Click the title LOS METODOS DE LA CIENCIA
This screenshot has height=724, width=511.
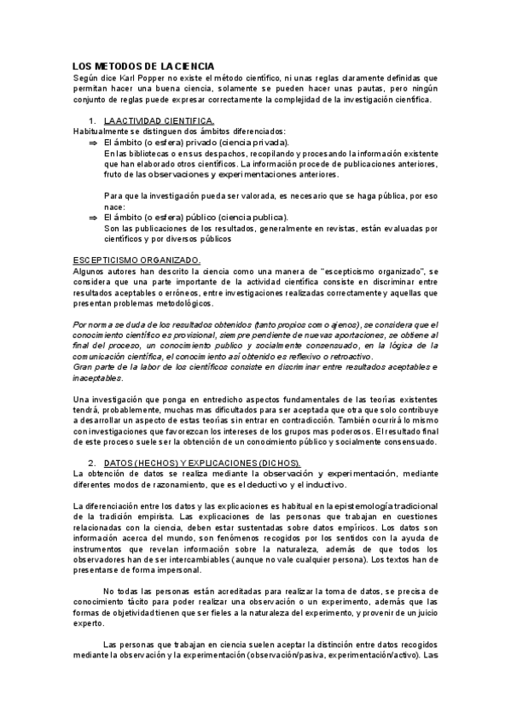(x=143, y=65)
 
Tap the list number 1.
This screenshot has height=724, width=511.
(x=92, y=120)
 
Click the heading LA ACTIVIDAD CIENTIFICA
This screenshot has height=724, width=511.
(x=159, y=120)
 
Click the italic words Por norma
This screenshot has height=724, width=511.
(x=91, y=325)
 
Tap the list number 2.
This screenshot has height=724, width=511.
(x=92, y=462)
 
